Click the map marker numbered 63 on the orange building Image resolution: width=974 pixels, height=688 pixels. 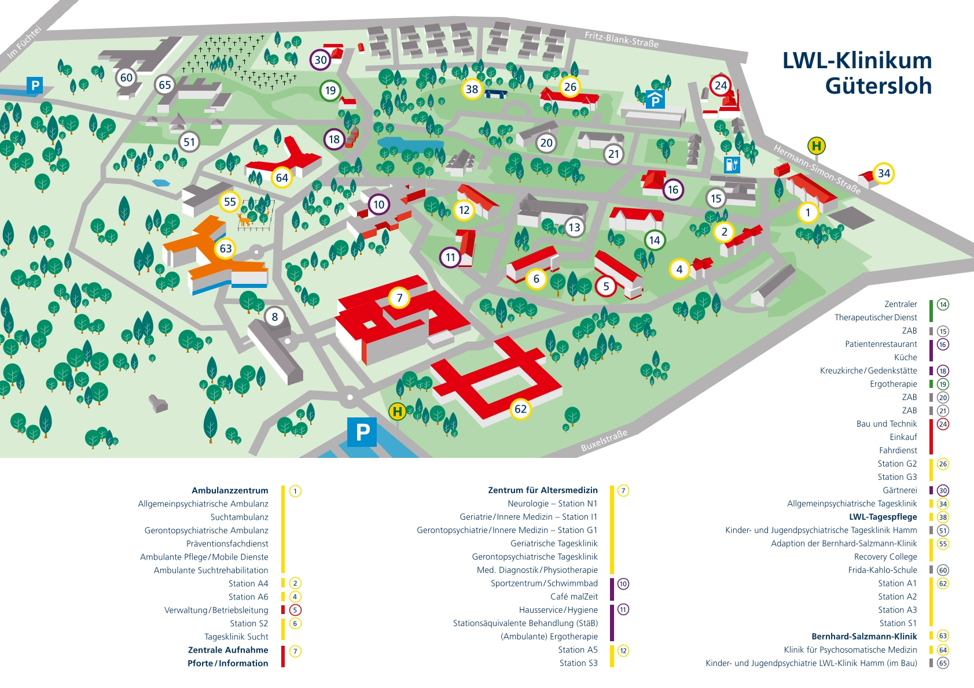(x=226, y=249)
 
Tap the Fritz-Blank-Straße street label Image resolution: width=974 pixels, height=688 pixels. (x=622, y=39)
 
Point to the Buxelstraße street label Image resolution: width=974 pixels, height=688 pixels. (x=604, y=441)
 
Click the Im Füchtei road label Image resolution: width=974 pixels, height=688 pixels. (x=24, y=42)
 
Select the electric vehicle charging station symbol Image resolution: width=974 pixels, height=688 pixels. (x=732, y=165)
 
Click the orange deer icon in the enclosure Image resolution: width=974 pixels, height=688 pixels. (x=245, y=219)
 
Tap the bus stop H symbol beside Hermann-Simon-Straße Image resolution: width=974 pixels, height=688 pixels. (x=817, y=146)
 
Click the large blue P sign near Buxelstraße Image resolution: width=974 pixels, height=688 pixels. (x=362, y=432)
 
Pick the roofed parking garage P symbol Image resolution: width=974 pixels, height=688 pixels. (x=655, y=99)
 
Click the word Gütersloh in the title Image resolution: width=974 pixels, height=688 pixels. (x=879, y=86)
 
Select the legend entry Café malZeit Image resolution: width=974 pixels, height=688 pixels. (x=574, y=596)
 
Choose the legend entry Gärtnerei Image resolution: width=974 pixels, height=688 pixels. (x=900, y=490)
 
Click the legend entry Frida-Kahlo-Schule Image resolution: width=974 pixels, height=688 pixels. (x=882, y=570)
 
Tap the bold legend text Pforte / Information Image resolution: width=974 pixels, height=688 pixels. (x=228, y=663)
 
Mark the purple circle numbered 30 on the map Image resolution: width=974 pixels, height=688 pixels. (x=321, y=60)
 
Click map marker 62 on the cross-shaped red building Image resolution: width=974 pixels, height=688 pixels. (x=520, y=409)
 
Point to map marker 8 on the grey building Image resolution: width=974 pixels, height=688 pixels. (x=275, y=317)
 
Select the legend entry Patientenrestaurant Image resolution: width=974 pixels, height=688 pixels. (x=881, y=344)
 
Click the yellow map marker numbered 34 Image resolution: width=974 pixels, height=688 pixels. (x=884, y=173)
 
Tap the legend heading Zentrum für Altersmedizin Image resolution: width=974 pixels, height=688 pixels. (x=543, y=490)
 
